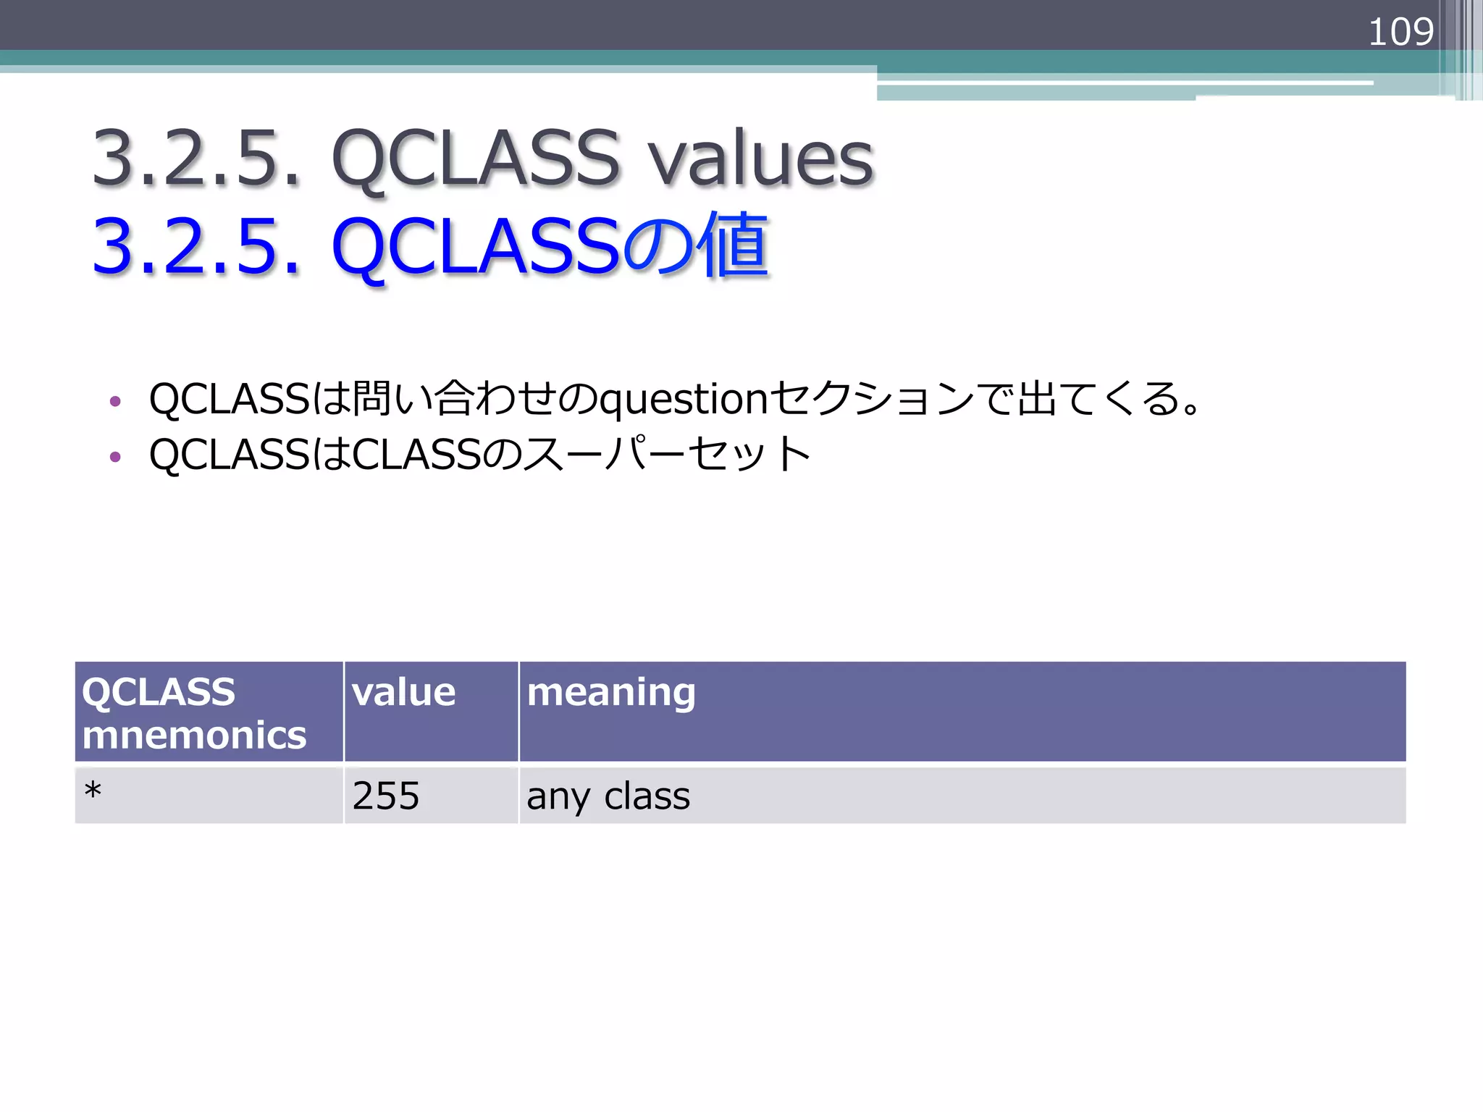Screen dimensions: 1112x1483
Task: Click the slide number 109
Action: point(1400,33)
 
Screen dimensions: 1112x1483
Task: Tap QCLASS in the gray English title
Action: point(476,158)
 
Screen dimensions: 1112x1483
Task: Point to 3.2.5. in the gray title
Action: point(196,158)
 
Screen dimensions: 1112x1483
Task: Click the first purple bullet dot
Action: point(114,401)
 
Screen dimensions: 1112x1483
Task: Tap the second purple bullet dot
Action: point(114,457)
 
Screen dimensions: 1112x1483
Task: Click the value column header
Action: point(403,692)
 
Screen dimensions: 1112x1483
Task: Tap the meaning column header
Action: point(611,692)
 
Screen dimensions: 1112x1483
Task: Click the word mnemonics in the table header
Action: point(194,736)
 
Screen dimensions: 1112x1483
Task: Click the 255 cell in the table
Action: point(386,796)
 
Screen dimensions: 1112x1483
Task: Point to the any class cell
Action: point(608,796)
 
